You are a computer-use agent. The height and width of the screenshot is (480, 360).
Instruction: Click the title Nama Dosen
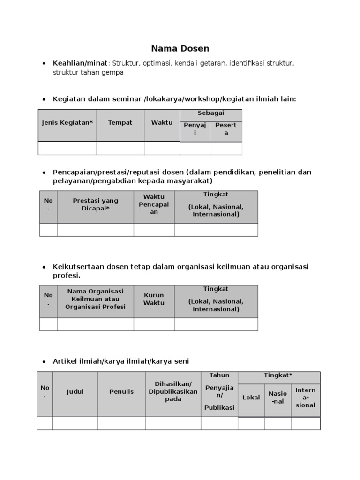coord(180,48)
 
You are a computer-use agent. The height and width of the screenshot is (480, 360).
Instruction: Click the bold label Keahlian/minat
coord(80,63)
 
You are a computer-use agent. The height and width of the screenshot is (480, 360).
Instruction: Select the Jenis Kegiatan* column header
coord(67,123)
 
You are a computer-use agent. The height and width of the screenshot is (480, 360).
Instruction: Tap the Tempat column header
coord(120,123)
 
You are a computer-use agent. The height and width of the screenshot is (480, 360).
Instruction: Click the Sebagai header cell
coord(211,113)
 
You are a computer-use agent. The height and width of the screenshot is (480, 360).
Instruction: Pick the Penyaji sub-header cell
coord(195,129)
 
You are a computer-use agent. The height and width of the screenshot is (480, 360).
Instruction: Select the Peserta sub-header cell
coord(226,129)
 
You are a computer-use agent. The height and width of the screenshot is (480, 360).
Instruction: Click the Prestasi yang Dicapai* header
coord(96,204)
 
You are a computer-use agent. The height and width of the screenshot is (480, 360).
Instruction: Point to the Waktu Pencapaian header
coord(154,204)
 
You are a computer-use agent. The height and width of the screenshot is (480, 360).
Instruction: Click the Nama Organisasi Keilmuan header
coord(96,299)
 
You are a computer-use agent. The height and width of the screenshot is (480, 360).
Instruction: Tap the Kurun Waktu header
coord(154,299)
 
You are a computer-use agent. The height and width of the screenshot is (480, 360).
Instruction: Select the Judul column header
coord(75,391)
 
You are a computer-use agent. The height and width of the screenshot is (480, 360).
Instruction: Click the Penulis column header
coord(121,391)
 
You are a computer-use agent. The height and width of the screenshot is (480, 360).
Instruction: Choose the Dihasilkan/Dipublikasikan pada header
coord(173,391)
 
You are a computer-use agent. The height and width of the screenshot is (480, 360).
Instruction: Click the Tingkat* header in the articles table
coord(279,375)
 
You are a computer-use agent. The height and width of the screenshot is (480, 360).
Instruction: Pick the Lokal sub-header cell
coord(251,397)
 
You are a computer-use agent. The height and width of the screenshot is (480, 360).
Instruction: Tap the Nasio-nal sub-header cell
coord(277,397)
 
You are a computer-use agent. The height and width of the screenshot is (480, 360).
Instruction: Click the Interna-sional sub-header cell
coord(306,397)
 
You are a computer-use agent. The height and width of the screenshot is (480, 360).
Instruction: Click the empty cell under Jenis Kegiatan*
coord(67,148)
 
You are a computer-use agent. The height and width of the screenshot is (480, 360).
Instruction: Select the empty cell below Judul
coord(75,423)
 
